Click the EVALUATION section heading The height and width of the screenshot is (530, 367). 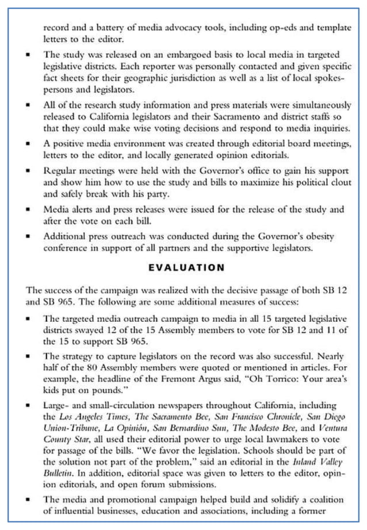click(186, 267)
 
